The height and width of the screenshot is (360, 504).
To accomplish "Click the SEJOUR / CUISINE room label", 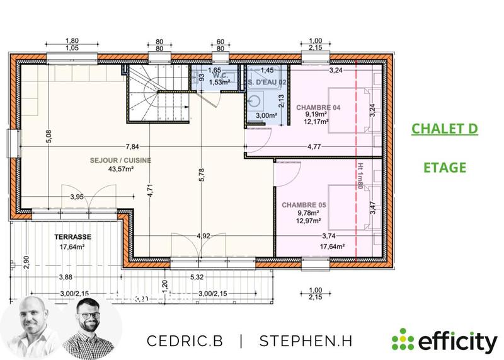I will tap(120, 161).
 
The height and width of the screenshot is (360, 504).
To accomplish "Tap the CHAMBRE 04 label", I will tap(318, 108).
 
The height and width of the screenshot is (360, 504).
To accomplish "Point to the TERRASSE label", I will tap(72, 237).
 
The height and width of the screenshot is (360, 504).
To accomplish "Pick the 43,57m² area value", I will tap(120, 169).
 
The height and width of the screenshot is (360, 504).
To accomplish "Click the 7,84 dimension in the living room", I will tap(132, 146).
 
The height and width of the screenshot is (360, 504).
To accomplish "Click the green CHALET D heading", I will tap(444, 129).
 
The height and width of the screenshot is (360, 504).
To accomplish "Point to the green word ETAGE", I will tap(444, 168).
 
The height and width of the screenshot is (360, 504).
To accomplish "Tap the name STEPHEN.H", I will tap(306, 340).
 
